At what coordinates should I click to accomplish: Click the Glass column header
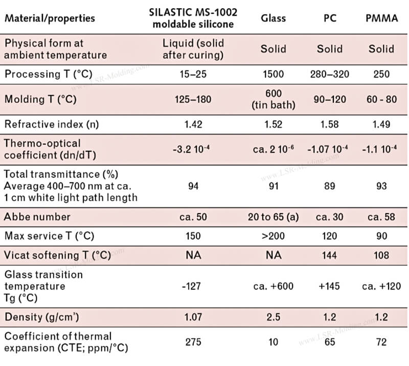(273, 18)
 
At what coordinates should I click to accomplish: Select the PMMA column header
(381, 18)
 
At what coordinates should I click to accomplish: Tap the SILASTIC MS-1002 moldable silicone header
(193, 18)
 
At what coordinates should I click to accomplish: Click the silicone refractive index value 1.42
(193, 123)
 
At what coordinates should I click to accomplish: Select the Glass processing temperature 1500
(273, 74)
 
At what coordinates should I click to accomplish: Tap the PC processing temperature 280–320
(330, 74)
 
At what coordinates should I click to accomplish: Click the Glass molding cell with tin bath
(273, 99)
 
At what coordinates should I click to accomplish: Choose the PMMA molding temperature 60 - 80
(381, 99)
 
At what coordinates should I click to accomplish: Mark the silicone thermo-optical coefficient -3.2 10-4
(193, 149)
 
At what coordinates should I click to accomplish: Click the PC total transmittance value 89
(330, 187)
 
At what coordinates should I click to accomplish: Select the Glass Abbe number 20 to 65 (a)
(273, 217)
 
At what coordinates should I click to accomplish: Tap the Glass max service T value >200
(273, 236)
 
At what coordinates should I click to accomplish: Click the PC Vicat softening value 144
(330, 255)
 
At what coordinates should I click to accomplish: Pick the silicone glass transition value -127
(193, 286)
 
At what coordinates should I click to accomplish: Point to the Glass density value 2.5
(273, 317)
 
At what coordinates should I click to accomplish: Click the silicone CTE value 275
(193, 341)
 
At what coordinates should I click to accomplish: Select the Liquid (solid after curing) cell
(193, 49)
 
